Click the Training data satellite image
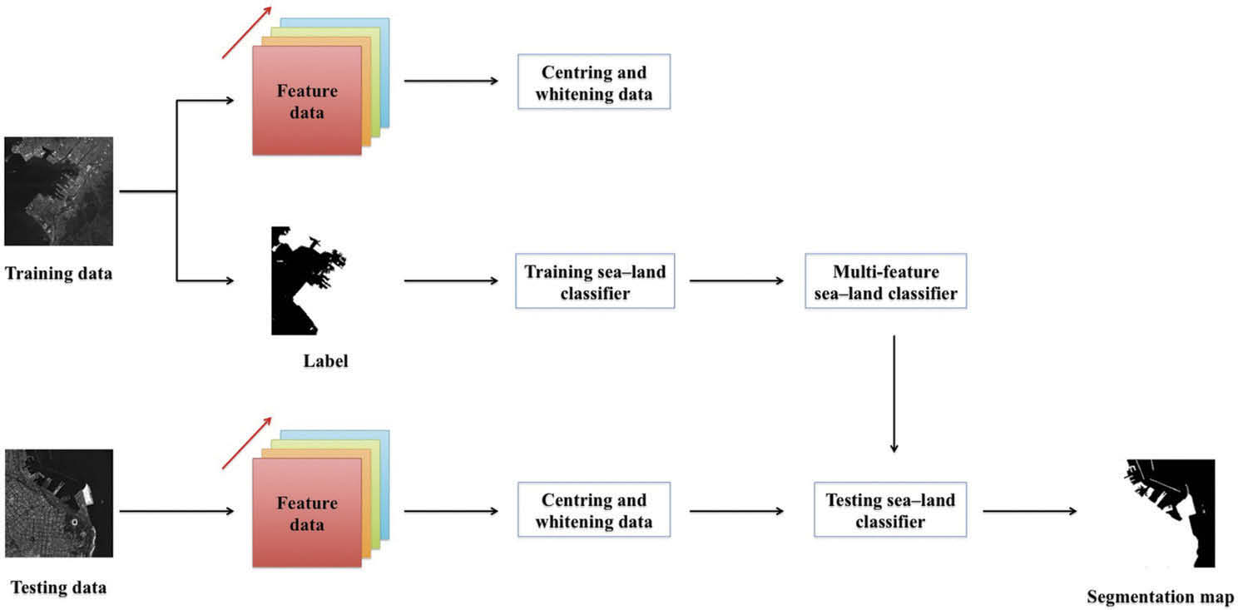coord(58,191)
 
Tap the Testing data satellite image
coord(58,503)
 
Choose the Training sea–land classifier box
coord(595,280)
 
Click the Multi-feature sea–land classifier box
coord(885,281)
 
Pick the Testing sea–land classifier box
coord(889,509)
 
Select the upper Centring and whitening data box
coord(593,82)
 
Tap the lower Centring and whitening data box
coord(593,509)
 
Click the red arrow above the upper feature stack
coord(247,32)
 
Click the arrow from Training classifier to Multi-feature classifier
coord(737,281)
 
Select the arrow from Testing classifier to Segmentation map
coord(1030,510)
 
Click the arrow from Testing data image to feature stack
coord(176,510)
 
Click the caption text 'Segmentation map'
coord(1160,596)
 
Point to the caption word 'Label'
coord(325,361)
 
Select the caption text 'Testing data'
coord(58,588)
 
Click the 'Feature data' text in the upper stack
coord(307,102)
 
